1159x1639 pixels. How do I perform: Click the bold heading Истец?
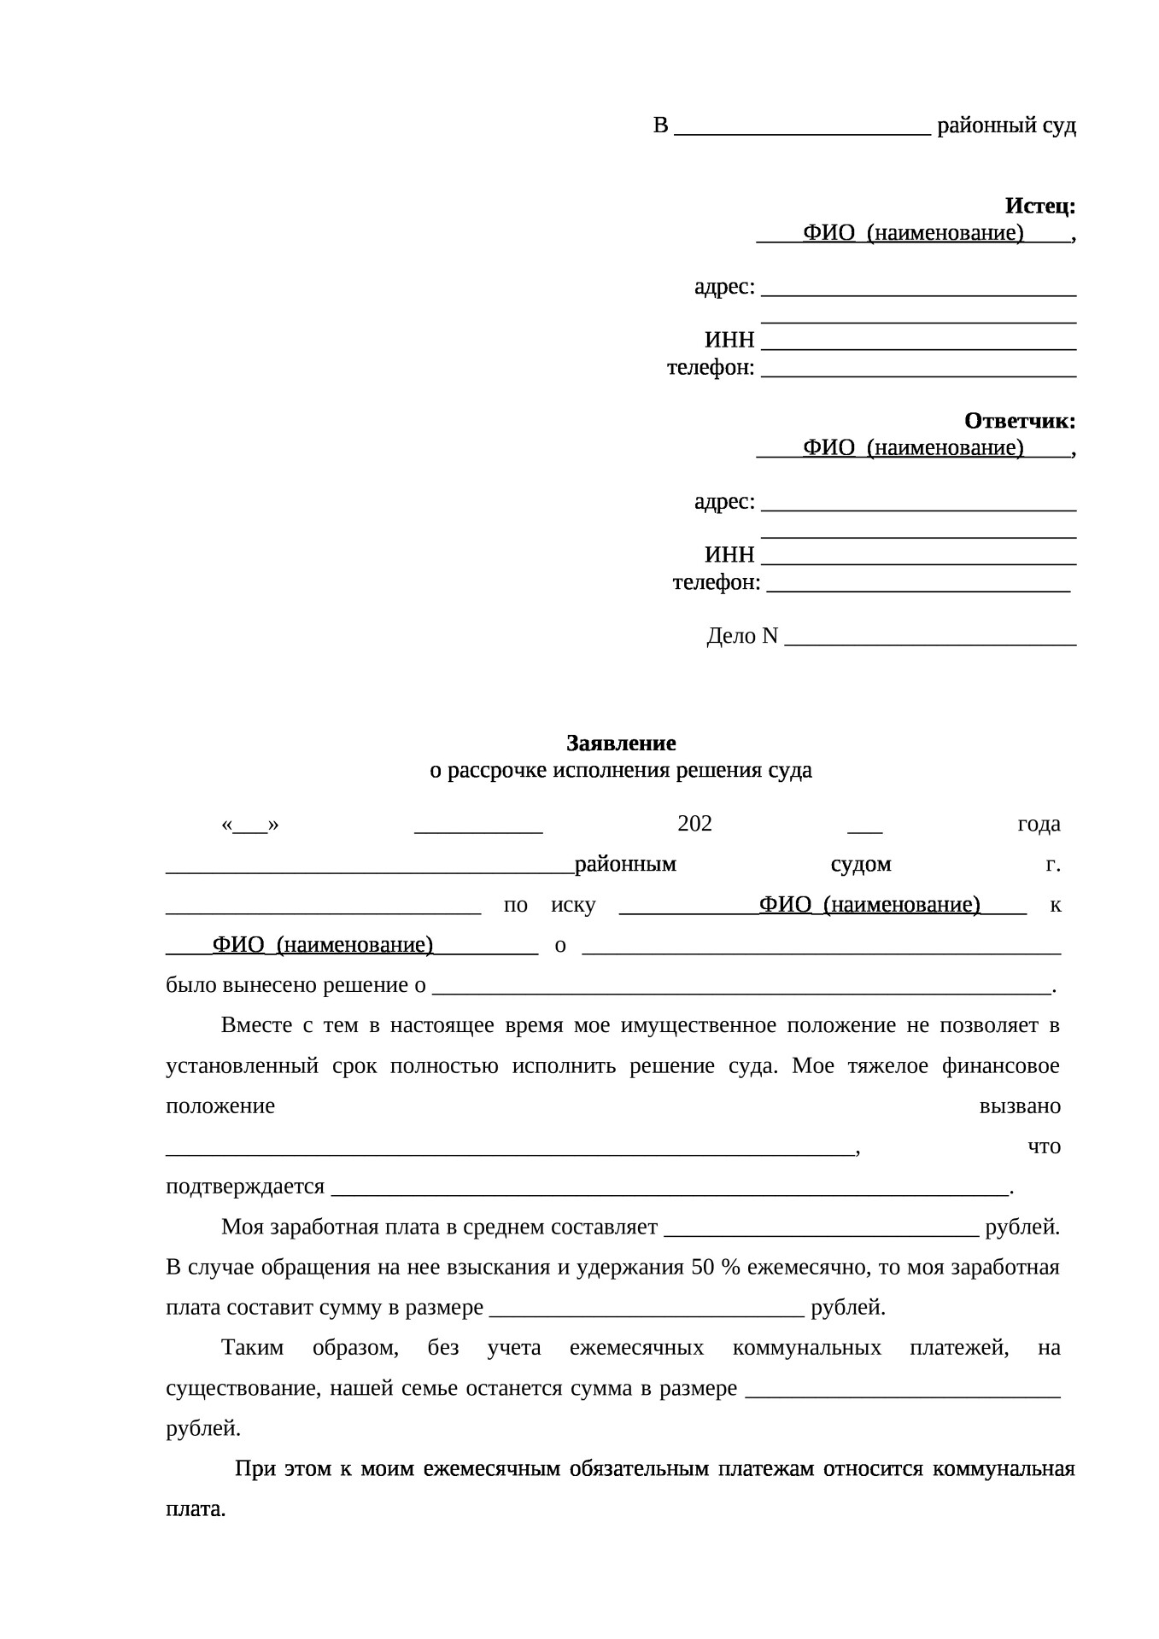tap(1039, 206)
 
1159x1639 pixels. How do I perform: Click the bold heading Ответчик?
tap(1019, 421)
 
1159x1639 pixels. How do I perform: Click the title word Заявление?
tap(621, 743)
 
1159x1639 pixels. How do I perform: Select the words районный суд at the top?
tap(1006, 126)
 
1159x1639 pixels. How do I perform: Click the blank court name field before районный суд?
tap(802, 127)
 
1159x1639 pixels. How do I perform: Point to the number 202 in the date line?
tap(694, 824)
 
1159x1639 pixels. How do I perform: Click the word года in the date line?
tap(1039, 824)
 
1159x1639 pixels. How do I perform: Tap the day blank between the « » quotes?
tap(250, 825)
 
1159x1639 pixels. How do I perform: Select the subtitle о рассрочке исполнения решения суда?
tap(621, 770)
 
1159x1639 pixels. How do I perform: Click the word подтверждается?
tap(245, 1187)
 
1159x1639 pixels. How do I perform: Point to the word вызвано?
tap(1020, 1106)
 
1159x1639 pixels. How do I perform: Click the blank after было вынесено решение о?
tap(741, 987)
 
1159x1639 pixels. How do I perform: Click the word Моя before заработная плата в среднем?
tap(242, 1228)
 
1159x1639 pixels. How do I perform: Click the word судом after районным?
tap(861, 865)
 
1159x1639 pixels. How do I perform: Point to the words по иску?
tap(550, 905)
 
